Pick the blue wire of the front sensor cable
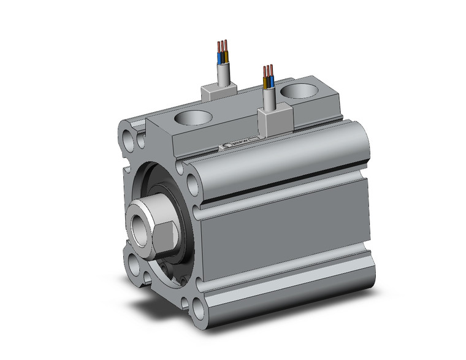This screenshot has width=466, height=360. pos(270,82)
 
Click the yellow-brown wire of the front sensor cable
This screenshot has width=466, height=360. pos(265,82)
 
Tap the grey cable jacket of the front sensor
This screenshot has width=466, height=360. pos(268,98)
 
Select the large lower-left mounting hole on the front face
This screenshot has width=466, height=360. pos(134,266)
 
